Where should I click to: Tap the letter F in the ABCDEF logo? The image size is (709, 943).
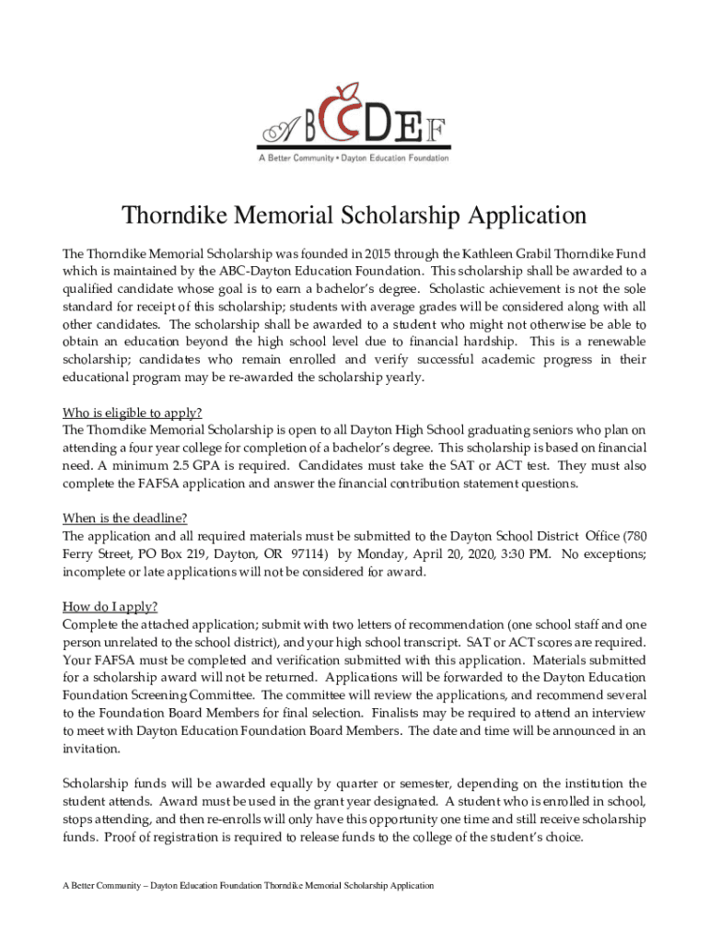click(x=441, y=131)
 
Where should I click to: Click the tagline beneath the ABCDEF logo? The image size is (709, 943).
click(x=354, y=158)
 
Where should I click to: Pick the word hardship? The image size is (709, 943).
click(x=497, y=342)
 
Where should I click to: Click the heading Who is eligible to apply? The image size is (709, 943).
click(x=132, y=412)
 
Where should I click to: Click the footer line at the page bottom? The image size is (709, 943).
click(x=248, y=886)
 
